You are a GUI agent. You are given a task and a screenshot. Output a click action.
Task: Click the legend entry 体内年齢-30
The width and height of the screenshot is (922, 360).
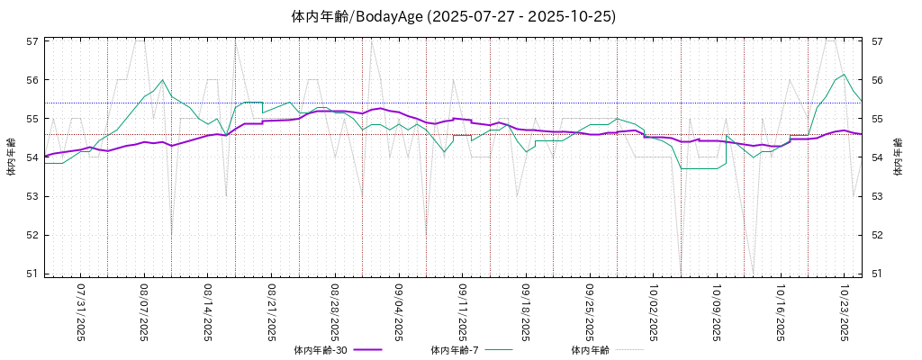pyautogui.click(x=321, y=350)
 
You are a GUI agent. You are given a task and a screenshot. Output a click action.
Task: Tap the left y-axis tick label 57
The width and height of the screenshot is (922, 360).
pyautogui.click(x=32, y=41)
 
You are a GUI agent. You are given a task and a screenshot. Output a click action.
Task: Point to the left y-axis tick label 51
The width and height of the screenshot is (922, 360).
pyautogui.click(x=32, y=274)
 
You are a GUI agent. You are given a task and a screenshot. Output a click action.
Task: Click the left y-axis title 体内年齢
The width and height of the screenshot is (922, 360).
pyautogui.click(x=11, y=157)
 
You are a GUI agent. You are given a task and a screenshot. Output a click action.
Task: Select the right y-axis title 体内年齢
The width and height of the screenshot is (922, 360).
pyautogui.click(x=898, y=157)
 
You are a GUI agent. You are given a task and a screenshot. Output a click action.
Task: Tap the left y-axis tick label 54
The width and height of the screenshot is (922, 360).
pyautogui.click(x=32, y=157)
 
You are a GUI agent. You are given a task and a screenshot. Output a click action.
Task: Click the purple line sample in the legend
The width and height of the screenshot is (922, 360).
pyautogui.click(x=368, y=349)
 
